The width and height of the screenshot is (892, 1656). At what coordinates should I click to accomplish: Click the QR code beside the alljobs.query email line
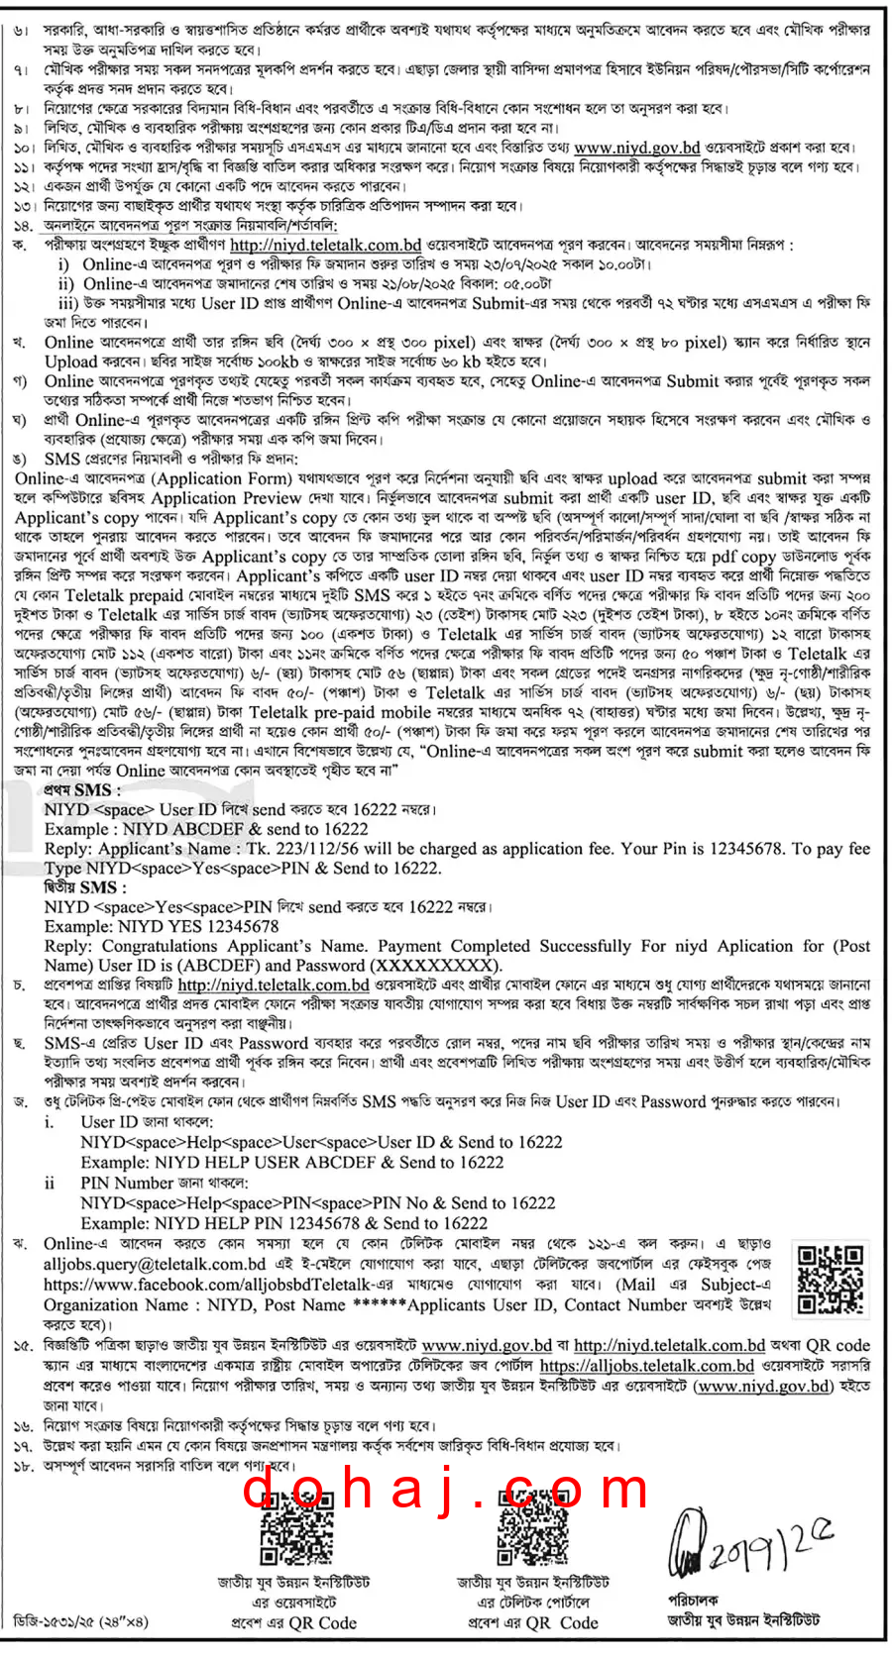click(x=831, y=1279)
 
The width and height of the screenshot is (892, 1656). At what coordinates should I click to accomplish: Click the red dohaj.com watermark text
click(x=446, y=1489)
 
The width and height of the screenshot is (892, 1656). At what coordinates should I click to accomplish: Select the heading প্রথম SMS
click(x=82, y=789)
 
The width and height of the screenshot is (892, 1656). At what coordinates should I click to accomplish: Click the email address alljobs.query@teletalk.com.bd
click(x=155, y=1264)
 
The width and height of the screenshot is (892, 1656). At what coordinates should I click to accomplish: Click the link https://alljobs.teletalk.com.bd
click(x=646, y=1366)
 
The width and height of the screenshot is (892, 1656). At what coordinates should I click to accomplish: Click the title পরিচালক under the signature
click(x=693, y=1600)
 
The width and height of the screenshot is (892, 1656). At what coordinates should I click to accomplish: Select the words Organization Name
click(x=115, y=1304)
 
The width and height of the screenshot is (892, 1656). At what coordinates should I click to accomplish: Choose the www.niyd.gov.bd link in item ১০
click(x=637, y=148)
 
